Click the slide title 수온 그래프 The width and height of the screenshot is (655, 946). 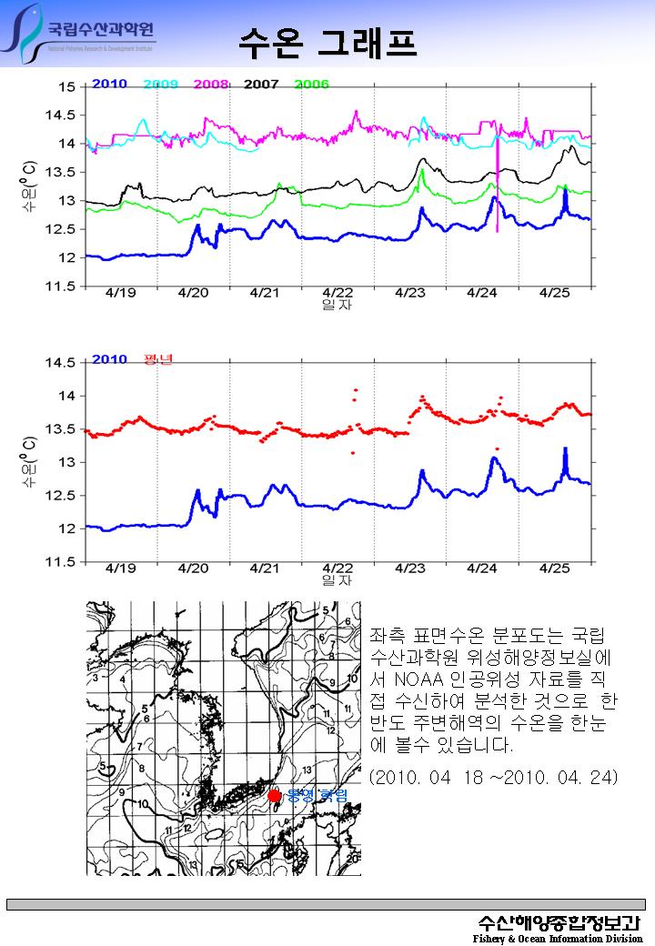coord(327,41)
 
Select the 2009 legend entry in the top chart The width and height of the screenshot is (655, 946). coord(160,85)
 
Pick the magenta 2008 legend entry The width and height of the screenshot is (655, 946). coord(211,85)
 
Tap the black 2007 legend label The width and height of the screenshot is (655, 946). coord(261,85)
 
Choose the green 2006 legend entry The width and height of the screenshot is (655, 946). coord(311,85)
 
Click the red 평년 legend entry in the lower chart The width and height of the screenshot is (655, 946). coord(158,359)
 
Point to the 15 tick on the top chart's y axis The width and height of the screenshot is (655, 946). coord(66,87)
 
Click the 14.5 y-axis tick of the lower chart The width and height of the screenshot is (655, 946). coord(62,363)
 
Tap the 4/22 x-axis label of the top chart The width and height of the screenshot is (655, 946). coord(338,293)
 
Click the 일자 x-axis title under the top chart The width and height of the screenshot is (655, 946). coord(337,306)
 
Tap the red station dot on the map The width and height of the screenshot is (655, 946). coord(275,797)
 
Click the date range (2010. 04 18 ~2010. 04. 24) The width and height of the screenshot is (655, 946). coord(494,778)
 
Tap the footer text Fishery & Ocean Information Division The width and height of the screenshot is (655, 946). coord(557,938)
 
